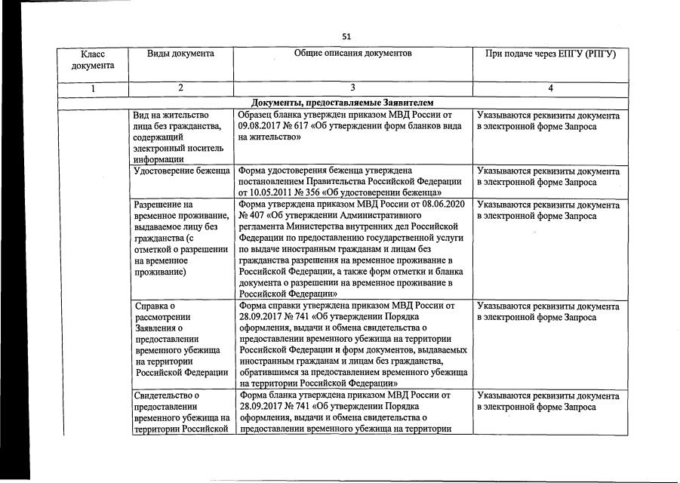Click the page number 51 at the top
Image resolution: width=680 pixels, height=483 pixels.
[346, 35]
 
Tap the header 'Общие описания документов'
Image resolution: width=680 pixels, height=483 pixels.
[353, 54]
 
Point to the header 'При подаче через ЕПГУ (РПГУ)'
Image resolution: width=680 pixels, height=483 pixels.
[550, 54]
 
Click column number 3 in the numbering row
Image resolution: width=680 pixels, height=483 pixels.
[353, 89]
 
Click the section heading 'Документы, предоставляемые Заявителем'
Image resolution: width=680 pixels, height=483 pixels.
[343, 103]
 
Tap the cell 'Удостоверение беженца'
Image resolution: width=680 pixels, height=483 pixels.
[181, 171]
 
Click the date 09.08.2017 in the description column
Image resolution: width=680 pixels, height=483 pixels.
[259, 127]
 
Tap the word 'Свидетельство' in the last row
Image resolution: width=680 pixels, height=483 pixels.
[165, 395]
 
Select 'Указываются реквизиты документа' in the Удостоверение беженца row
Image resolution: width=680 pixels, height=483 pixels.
[549, 171]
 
